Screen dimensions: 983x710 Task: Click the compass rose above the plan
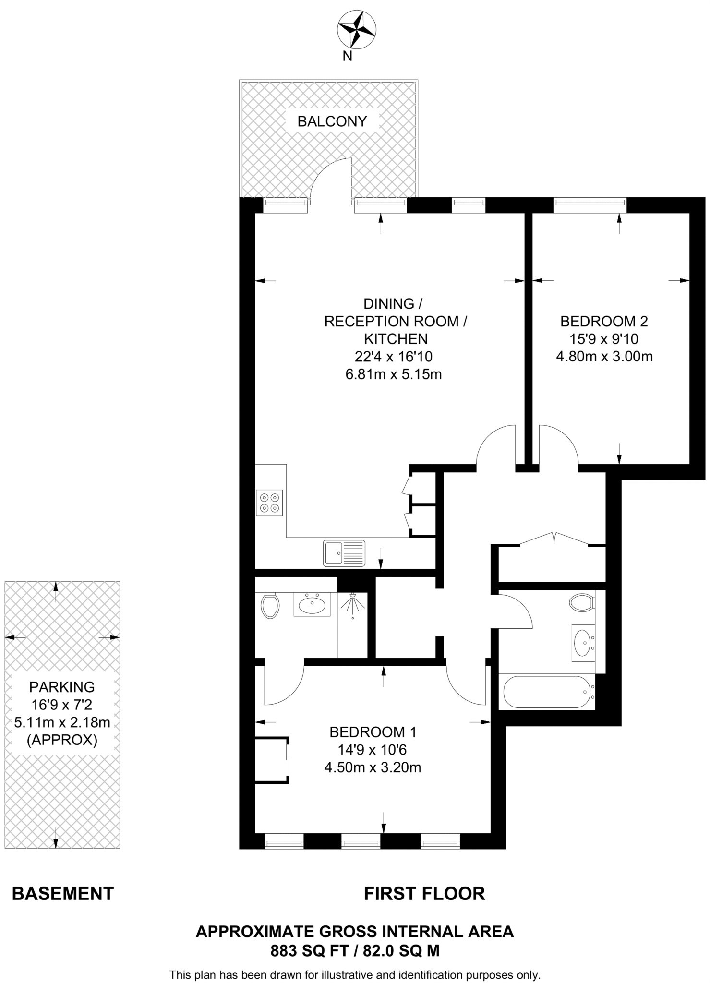(356, 30)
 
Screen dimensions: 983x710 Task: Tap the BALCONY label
(332, 121)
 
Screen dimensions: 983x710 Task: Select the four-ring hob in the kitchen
(269, 503)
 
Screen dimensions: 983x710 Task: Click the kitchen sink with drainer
(344, 553)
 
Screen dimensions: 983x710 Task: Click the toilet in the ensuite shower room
(270, 606)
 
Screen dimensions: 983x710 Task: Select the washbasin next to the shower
(312, 604)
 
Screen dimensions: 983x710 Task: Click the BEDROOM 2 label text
(604, 321)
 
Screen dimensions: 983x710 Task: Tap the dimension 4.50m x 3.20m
(373, 767)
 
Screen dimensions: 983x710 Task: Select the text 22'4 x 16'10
(393, 357)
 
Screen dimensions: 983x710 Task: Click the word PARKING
(62, 687)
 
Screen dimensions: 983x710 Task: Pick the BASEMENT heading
(63, 893)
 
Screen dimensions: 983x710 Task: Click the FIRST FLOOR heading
(424, 893)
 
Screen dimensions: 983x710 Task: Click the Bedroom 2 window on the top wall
(590, 205)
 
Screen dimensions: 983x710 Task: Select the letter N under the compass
(347, 57)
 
